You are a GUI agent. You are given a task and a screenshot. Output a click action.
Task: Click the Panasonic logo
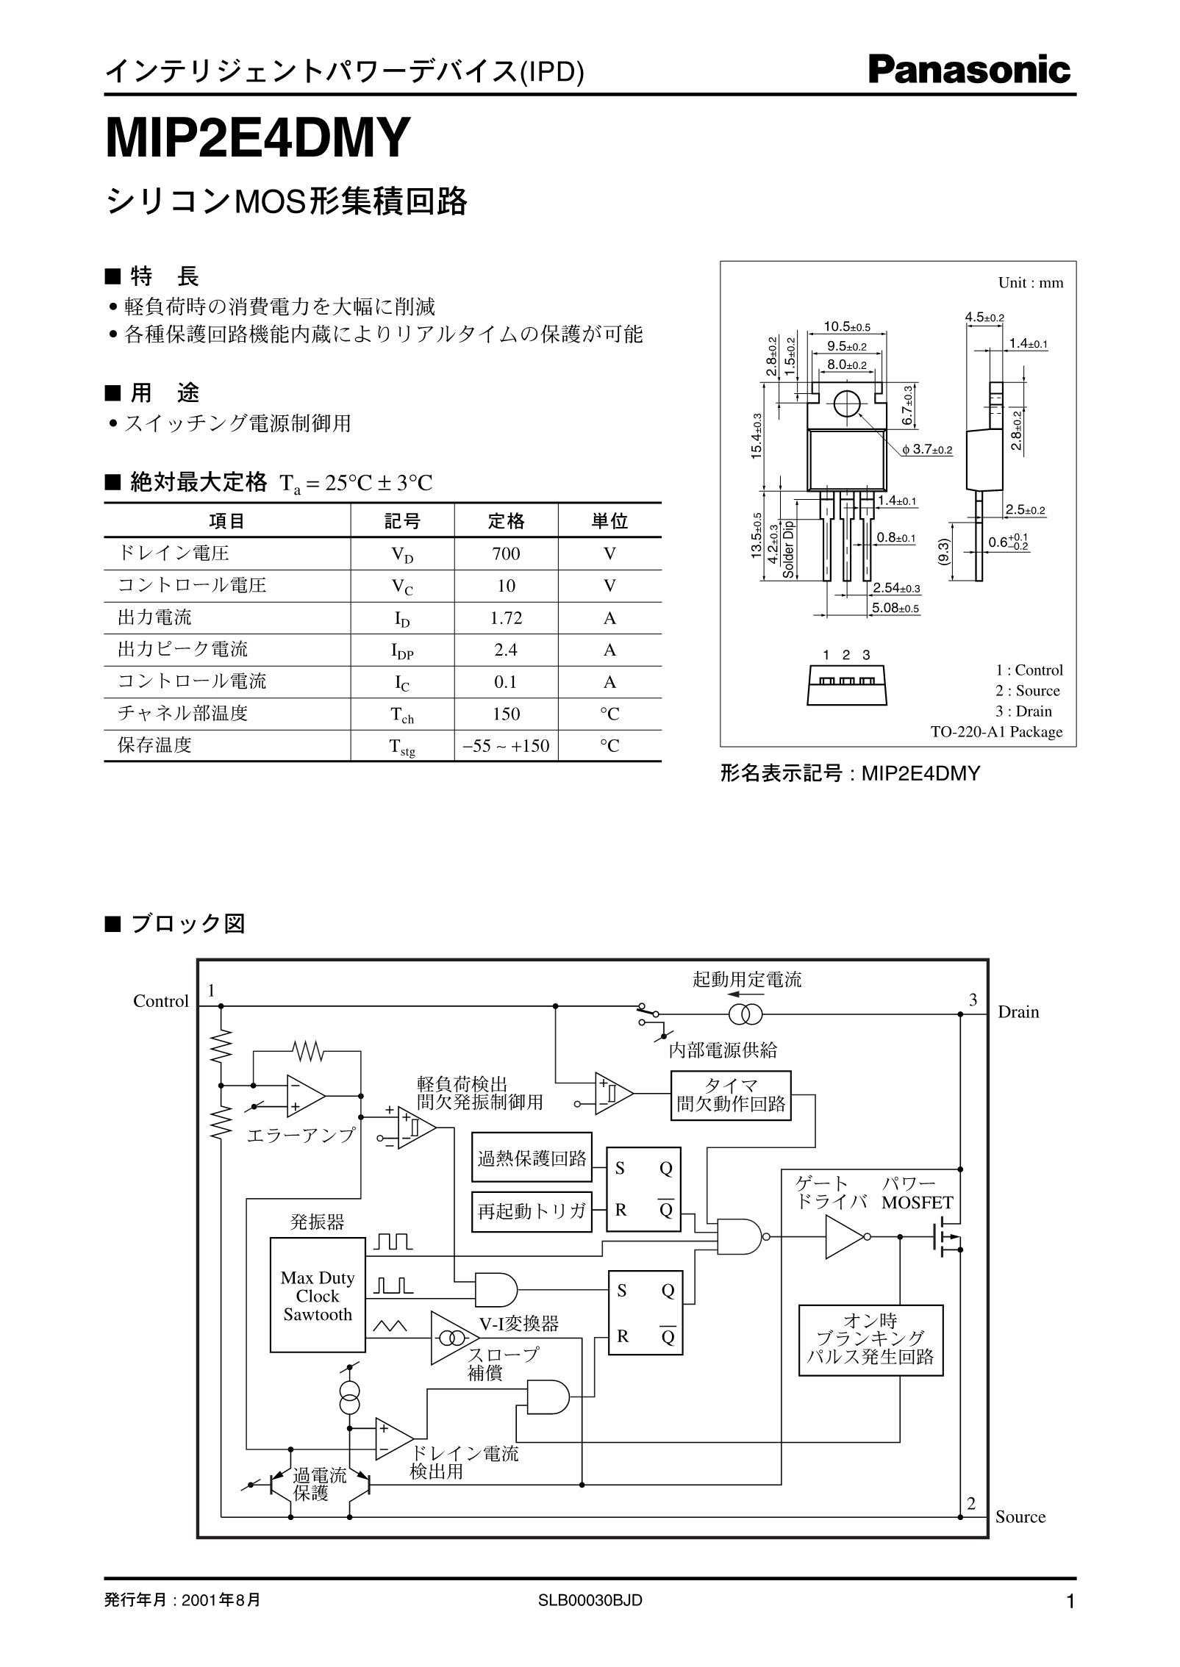click(969, 71)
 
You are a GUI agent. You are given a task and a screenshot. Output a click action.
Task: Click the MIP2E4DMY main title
click(256, 139)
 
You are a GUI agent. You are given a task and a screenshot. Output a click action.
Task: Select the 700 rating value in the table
click(506, 553)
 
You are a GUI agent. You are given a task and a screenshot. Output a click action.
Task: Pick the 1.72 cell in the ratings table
click(506, 617)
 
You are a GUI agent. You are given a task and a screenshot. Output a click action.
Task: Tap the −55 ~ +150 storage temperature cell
click(506, 745)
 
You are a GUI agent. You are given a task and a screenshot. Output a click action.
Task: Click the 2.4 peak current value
click(506, 650)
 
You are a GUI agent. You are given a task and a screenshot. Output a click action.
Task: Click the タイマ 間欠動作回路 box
click(731, 1095)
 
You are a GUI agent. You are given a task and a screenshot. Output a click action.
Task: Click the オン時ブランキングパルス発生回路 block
click(870, 1339)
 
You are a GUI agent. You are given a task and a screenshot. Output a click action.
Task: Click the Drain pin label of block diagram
click(1018, 1012)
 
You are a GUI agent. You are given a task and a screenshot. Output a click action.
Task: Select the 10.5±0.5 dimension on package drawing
click(846, 326)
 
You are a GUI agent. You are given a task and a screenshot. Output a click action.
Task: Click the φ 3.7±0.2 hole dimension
click(927, 449)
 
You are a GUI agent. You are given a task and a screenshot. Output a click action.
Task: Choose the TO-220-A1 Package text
click(996, 731)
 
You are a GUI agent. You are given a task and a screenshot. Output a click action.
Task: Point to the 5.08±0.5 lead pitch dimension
click(895, 608)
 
